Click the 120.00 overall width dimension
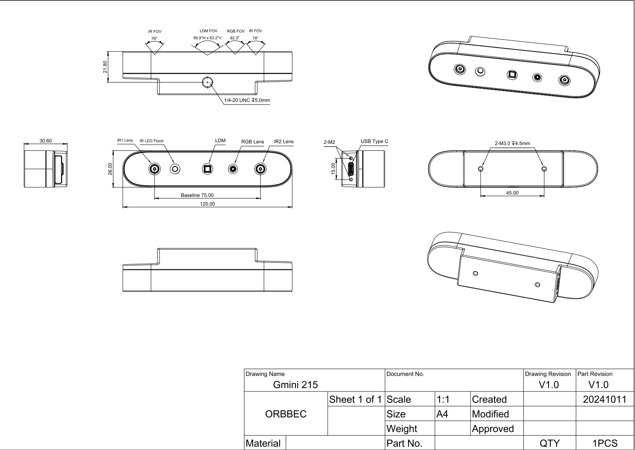click(207, 204)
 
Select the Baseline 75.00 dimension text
click(197, 195)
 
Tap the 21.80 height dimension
click(105, 67)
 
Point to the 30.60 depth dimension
click(45, 141)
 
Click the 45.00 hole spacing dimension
click(512, 193)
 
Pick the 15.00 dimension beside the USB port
click(333, 168)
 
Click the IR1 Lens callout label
click(125, 141)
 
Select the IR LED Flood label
click(151, 141)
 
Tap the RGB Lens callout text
click(253, 142)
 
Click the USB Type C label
click(374, 141)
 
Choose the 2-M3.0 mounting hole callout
click(512, 143)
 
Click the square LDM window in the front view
click(208, 169)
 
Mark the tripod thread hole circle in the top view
click(207, 82)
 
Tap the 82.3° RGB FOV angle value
click(235, 38)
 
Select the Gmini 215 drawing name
click(296, 385)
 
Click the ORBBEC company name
click(286, 414)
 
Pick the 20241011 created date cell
click(605, 399)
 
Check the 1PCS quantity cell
click(605, 443)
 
